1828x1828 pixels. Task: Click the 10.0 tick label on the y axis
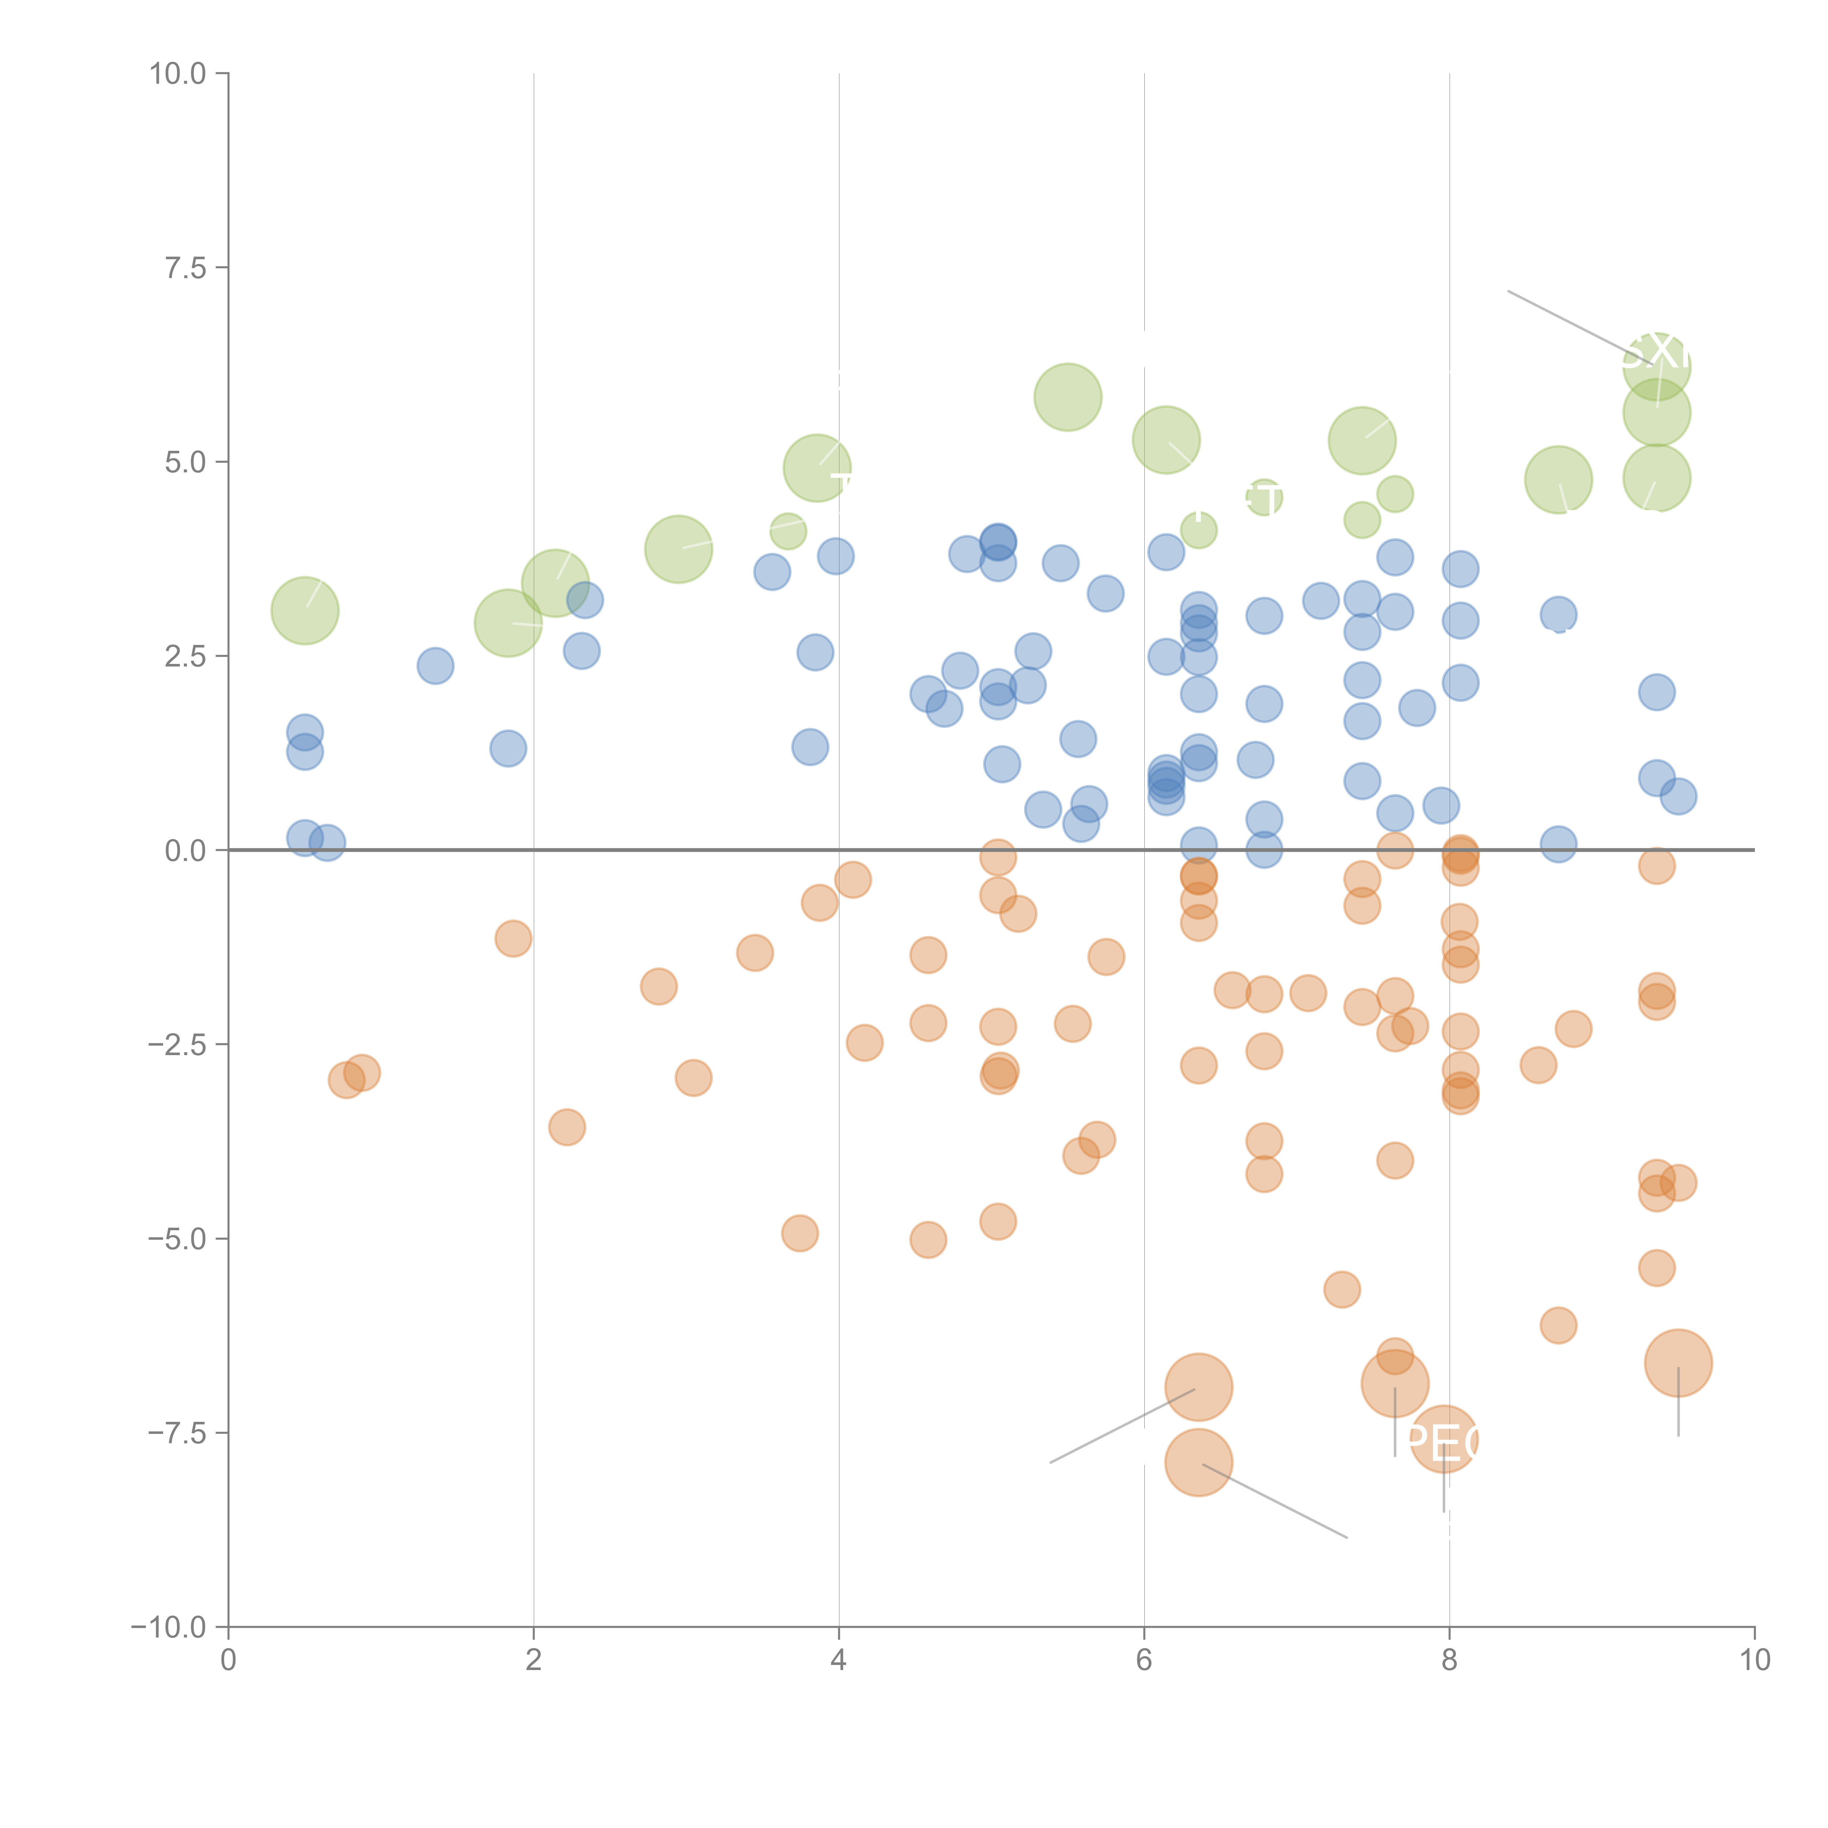click(178, 74)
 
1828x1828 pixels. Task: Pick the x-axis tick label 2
click(534, 1661)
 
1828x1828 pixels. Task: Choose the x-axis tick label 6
click(1144, 1661)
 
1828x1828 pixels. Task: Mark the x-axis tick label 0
click(228, 1661)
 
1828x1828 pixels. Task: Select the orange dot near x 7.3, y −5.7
click(1342, 1289)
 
